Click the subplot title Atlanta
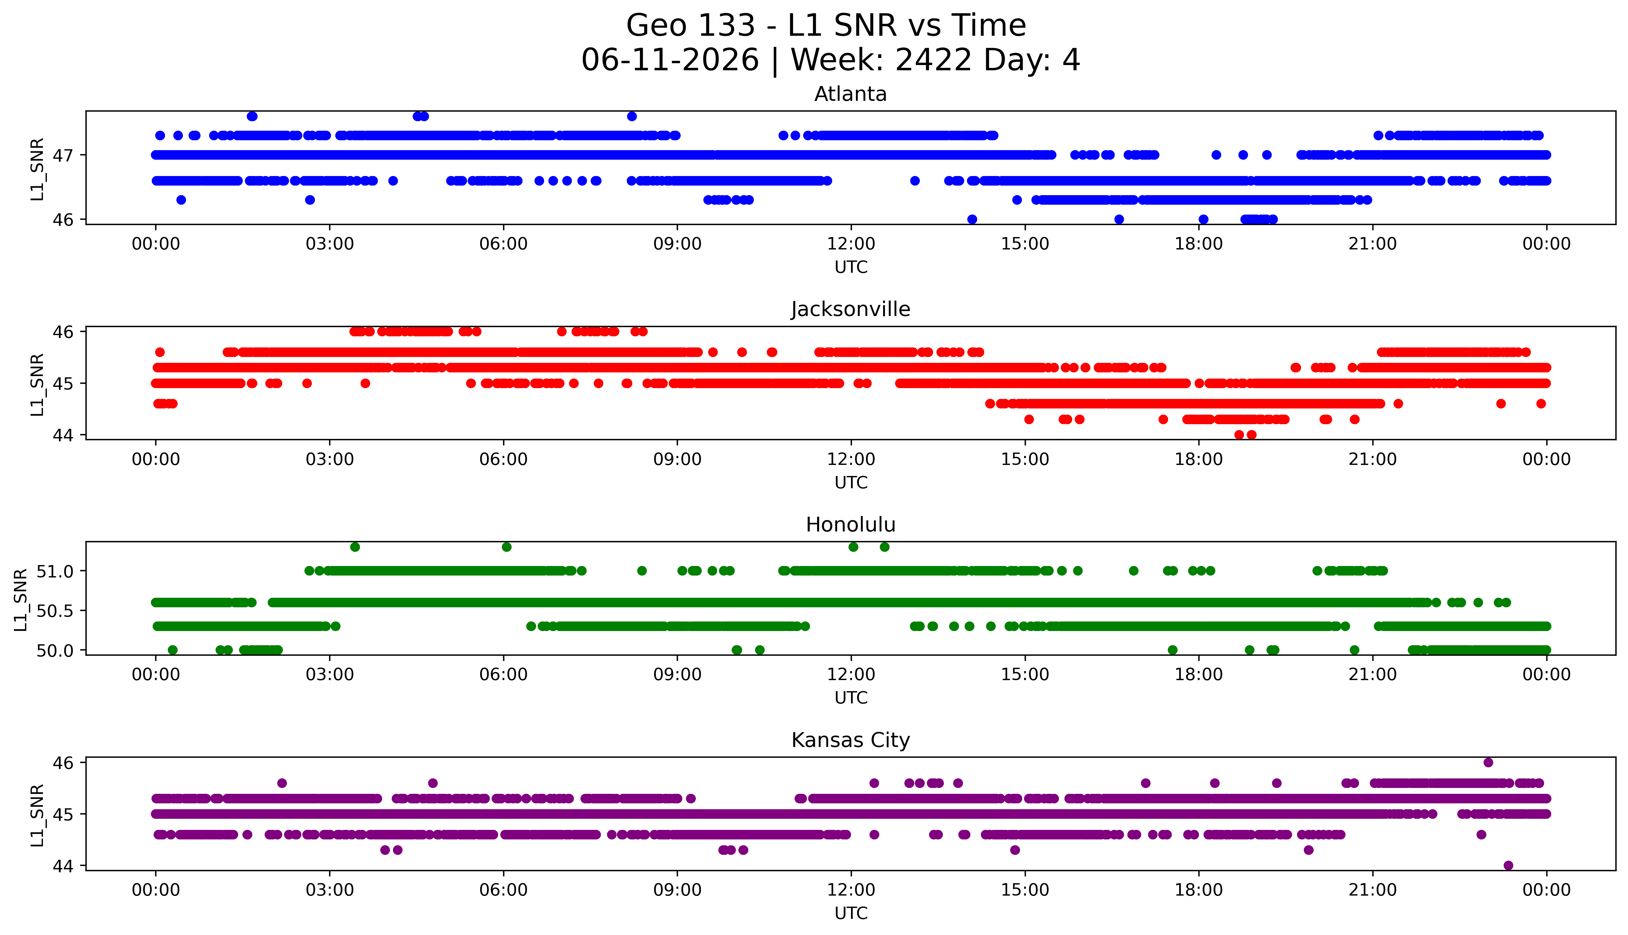[x=851, y=94]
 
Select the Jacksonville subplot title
[x=851, y=310]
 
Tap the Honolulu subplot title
[x=851, y=525]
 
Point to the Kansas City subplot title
[x=851, y=740]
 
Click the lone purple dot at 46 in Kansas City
[x=1488, y=762]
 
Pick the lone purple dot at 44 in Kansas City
[x=1509, y=865]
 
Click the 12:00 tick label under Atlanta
[x=851, y=244]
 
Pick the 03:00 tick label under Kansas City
[x=330, y=890]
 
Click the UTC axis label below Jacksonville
[x=851, y=482]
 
